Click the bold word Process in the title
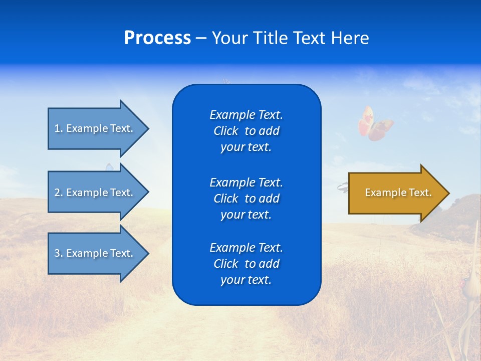point(157,38)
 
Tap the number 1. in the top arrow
point(59,128)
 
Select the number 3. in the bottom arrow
point(59,253)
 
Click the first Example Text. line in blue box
point(246,115)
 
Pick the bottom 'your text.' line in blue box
point(246,280)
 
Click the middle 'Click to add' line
point(246,199)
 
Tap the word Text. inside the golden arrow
point(419,193)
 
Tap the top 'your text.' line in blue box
point(246,147)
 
